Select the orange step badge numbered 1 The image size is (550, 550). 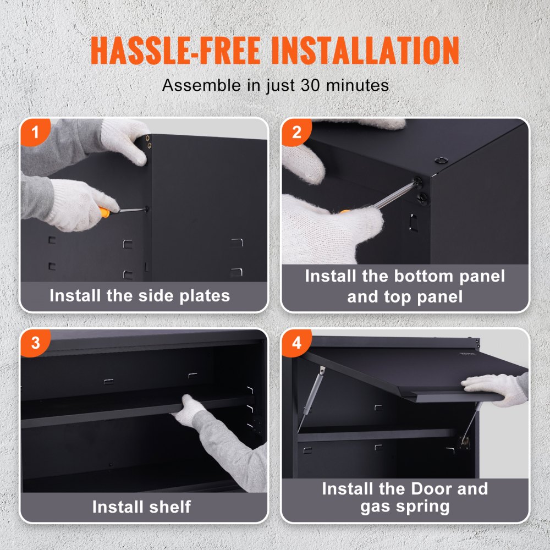[35, 133]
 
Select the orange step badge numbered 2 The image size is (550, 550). [297, 133]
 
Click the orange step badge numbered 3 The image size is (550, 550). [35, 343]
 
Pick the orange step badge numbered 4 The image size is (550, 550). [297, 343]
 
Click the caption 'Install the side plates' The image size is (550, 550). [140, 295]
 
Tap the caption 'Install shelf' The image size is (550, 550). [142, 506]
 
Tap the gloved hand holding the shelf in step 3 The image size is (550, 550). [187, 410]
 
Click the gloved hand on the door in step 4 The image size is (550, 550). [492, 388]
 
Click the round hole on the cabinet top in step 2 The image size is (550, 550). [440, 159]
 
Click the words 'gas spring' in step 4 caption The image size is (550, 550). [405, 507]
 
